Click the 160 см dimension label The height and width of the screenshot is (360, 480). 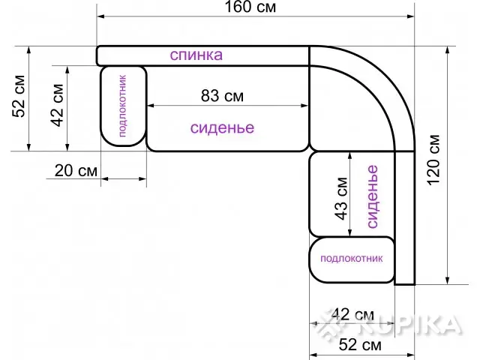point(250,7)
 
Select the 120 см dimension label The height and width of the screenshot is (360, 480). point(433,160)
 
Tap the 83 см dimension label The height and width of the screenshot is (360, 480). point(222,96)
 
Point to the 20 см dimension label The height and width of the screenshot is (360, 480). point(76,170)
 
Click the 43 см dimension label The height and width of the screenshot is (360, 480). point(341,198)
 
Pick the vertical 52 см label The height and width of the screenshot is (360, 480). point(18,96)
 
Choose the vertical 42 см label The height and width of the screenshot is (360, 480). point(57,105)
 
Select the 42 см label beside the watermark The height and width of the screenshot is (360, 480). point(352,314)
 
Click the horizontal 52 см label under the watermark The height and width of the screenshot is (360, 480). point(360,345)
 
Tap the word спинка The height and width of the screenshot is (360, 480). point(196,55)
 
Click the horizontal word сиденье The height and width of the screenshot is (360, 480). point(222,127)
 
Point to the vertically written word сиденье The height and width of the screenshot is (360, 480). point(372,196)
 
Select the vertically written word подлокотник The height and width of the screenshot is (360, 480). point(121,106)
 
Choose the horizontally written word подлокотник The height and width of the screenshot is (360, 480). point(352,259)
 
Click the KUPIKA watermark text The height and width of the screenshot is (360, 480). point(409,324)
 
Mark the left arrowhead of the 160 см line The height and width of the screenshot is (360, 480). point(100,16)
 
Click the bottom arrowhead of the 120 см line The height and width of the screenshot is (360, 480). point(448,281)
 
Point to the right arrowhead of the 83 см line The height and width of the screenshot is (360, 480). point(304,106)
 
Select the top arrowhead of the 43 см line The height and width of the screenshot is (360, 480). point(350,155)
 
